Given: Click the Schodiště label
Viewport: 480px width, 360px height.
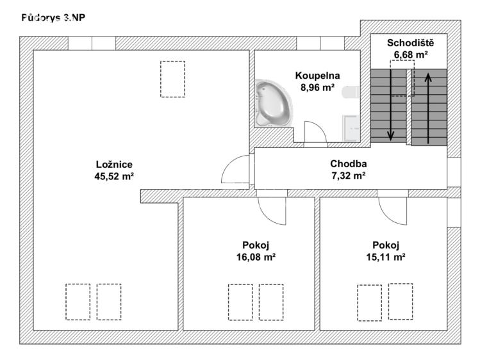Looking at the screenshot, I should (x=411, y=44).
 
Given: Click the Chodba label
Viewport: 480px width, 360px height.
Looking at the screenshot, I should (x=348, y=164).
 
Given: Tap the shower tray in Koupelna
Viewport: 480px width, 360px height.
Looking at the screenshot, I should (x=352, y=127).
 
